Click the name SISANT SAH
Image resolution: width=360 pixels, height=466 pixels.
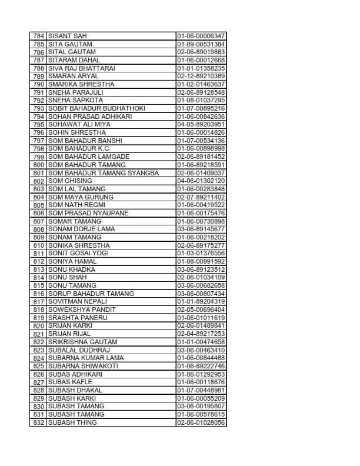(x=68, y=36)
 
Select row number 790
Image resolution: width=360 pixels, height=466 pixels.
(x=39, y=84)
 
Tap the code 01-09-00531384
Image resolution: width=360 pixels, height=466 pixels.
(x=201, y=44)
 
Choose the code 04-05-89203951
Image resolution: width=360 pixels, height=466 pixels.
(x=201, y=125)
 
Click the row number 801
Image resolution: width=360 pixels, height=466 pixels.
(x=39, y=173)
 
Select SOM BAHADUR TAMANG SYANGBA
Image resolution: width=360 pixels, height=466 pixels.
(x=103, y=173)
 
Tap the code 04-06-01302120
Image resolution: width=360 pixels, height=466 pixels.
(x=201, y=181)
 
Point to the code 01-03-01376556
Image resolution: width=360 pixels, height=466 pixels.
(x=201, y=253)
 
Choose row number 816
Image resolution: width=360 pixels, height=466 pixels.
(x=39, y=294)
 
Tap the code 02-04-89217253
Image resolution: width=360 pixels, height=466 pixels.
(x=201, y=334)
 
